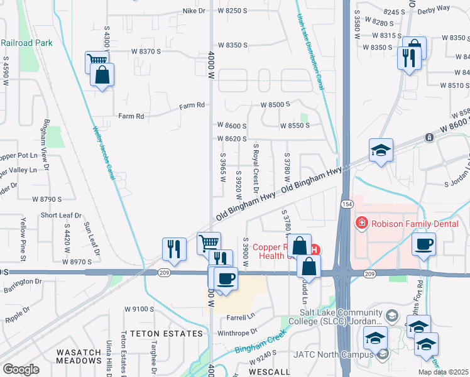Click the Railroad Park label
click(26, 43)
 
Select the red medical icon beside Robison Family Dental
click(361, 222)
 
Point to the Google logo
click(21, 369)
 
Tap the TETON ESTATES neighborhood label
click(155, 334)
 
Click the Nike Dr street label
click(194, 11)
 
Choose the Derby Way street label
click(451, 8)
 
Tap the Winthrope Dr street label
click(238, 331)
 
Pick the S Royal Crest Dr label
click(256, 167)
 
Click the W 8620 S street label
click(232, 138)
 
